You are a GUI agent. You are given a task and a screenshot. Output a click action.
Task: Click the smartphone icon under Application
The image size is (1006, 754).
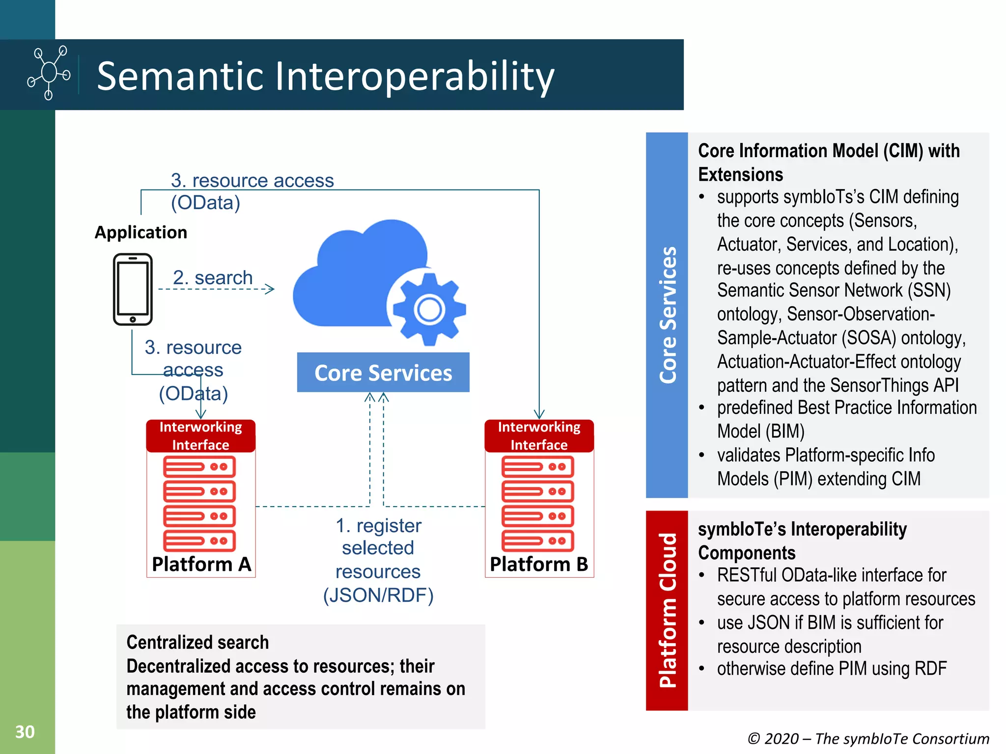click(x=133, y=289)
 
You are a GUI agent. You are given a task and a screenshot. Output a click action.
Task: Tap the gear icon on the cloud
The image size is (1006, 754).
click(x=429, y=309)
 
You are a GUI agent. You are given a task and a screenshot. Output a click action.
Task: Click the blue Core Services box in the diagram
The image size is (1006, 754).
click(x=383, y=373)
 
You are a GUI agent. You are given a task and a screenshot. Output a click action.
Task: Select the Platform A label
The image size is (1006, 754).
click(x=201, y=564)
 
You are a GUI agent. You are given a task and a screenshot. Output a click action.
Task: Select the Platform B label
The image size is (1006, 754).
click(x=539, y=564)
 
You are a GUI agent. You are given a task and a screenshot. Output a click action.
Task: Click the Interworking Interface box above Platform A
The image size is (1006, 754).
click(x=200, y=435)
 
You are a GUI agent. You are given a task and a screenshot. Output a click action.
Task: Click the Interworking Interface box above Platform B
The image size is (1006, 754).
click(x=539, y=435)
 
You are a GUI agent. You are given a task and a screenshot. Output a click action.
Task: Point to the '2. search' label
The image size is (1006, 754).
click(x=212, y=277)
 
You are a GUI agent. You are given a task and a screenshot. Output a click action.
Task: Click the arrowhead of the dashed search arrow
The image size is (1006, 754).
click(x=270, y=289)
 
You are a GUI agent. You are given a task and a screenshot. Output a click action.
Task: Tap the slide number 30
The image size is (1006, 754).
click(x=25, y=731)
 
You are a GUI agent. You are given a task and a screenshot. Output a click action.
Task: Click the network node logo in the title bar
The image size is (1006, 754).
click(x=49, y=73)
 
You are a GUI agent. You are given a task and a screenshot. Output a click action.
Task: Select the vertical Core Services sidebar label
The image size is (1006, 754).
click(x=668, y=315)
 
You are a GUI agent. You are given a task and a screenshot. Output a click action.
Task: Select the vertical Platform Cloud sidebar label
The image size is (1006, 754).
click(x=668, y=610)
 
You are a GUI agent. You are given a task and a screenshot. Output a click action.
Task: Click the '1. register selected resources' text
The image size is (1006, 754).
click(x=378, y=560)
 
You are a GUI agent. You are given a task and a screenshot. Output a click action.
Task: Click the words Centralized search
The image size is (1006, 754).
click(x=197, y=642)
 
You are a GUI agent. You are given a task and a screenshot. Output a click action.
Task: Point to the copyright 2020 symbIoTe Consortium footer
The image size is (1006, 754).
click(x=868, y=738)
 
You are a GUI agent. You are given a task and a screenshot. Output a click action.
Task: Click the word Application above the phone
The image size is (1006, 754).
click(x=141, y=232)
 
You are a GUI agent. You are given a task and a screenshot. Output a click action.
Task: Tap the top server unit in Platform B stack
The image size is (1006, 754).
click(x=537, y=467)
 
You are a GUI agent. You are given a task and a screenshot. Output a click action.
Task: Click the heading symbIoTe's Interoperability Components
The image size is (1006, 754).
click(x=802, y=540)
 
